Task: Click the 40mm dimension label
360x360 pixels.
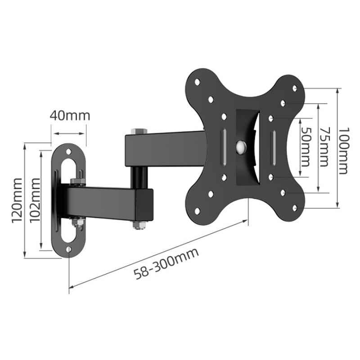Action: point(70,116)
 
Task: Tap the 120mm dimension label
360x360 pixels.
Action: point(17,200)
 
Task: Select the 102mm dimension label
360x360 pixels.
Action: point(35,200)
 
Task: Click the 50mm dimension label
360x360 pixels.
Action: point(306,147)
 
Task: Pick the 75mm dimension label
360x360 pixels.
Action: point(324,147)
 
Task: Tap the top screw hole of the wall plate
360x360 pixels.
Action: point(69,152)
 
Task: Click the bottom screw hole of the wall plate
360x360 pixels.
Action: point(69,249)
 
